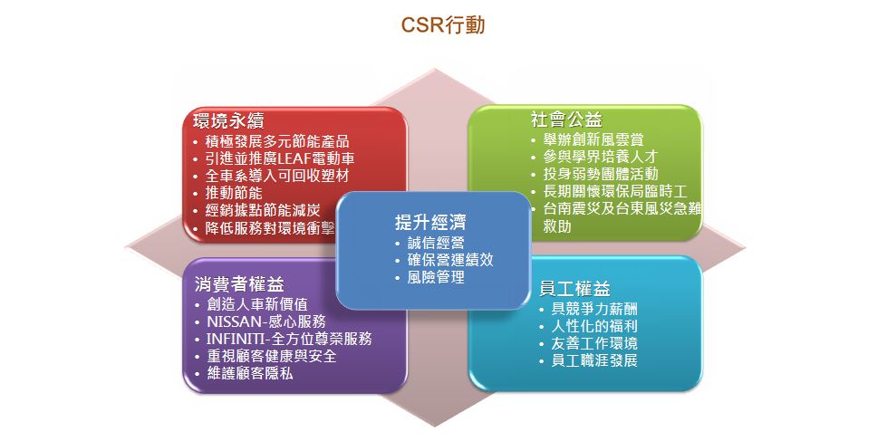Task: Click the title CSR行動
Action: [443, 24]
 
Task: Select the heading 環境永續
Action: [228, 121]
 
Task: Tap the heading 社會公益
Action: [567, 120]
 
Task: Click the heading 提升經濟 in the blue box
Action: [430, 222]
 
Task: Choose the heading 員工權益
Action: [574, 289]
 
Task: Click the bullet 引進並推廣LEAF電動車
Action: [280, 158]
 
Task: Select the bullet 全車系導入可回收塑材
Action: [276, 176]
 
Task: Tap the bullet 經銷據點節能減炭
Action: [263, 211]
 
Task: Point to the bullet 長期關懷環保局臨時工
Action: [615, 191]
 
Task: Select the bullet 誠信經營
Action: [436, 243]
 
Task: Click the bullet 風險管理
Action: [436, 278]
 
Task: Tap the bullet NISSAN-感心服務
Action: [266, 321]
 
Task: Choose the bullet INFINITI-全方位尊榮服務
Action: [289, 340]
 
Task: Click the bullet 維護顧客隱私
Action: [249, 374]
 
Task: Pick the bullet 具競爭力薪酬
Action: [594, 310]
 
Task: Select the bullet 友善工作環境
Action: [594, 343]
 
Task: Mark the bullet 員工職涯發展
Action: [594, 360]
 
